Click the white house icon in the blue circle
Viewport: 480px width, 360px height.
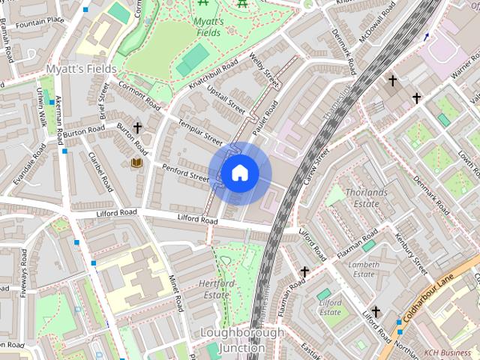(239, 173)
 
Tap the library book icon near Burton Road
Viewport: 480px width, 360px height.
(137, 163)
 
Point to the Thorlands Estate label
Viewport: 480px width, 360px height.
(366, 198)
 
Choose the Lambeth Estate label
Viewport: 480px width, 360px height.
(364, 269)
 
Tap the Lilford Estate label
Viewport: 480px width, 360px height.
(330, 307)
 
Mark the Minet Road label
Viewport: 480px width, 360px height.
(175, 292)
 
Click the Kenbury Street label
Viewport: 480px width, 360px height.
(410, 254)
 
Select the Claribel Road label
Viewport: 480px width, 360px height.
(99, 172)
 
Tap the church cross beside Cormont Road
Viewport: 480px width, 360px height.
(137, 128)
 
